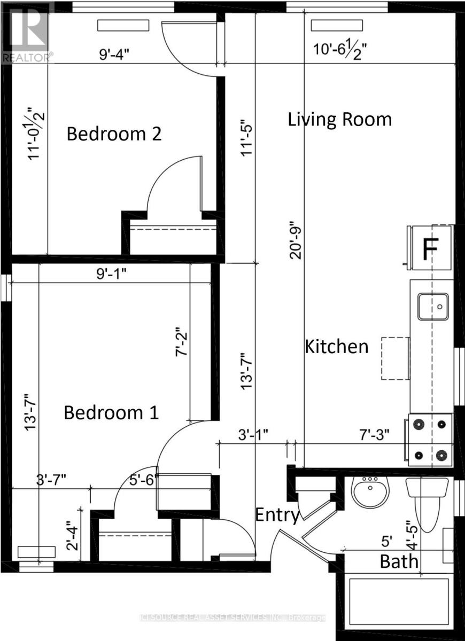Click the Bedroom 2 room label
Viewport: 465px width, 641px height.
(114, 134)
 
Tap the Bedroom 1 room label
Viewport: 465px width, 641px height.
(111, 413)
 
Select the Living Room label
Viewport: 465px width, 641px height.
(340, 119)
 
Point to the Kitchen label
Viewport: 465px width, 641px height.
(337, 347)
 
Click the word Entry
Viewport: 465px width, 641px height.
(277, 515)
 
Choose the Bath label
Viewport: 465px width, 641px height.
(399, 562)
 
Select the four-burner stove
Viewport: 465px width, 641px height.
(430, 440)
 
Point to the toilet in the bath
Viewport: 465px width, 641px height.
(427, 497)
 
